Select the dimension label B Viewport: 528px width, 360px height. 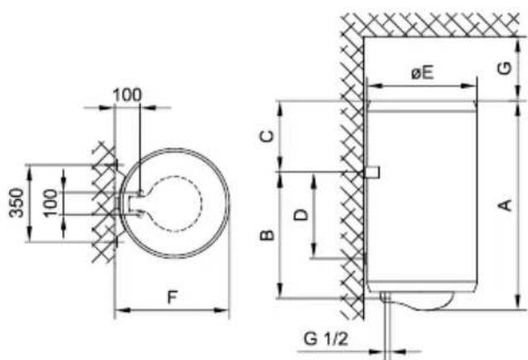coord(268,235)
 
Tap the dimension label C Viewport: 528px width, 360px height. coord(268,136)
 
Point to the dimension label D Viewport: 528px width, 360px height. coord(301,214)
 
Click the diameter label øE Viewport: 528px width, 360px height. coord(422,72)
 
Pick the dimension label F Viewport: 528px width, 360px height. coord(172,297)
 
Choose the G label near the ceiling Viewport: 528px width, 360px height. coord(505,68)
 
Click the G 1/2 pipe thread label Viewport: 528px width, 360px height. coord(326,338)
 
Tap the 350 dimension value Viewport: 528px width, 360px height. coord(17,203)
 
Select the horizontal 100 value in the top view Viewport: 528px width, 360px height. coord(128,95)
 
